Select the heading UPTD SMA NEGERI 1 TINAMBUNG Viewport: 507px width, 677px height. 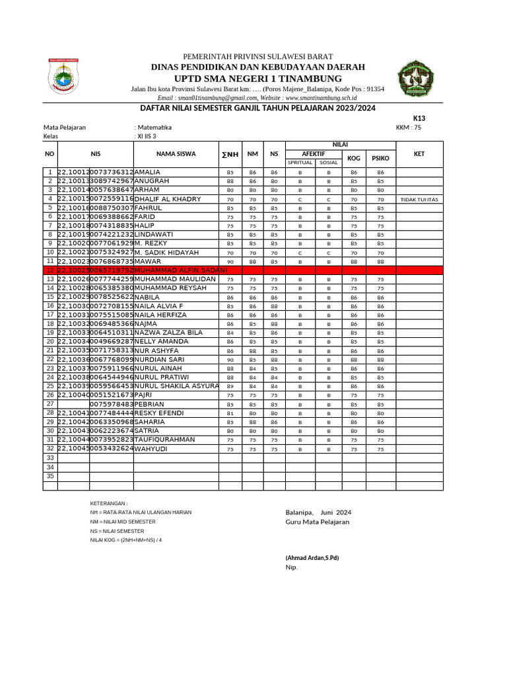coord(257,79)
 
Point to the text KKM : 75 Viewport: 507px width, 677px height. coord(408,128)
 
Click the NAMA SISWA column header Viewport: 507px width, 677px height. coord(176,154)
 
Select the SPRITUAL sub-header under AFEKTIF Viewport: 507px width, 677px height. coord(300,163)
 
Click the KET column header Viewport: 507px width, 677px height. coord(419,154)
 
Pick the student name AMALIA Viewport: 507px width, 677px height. coord(147,172)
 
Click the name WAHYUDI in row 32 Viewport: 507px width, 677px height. coord(151,449)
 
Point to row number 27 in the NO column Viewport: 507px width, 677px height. coord(50,403)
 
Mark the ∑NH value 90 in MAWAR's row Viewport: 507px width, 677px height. coord(230,262)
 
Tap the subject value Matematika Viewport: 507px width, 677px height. coord(154,128)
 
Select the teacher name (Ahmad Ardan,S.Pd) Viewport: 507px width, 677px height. coord(312,558)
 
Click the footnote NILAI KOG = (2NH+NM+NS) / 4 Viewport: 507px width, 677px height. coord(125,540)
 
